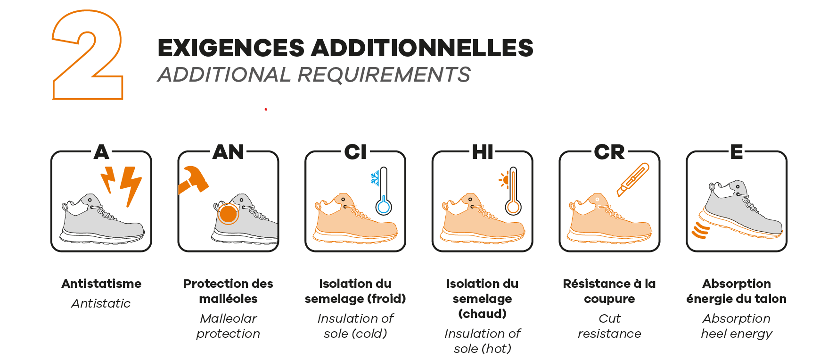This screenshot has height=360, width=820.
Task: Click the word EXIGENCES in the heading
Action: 231,48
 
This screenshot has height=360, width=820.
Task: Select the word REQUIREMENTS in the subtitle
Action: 384,75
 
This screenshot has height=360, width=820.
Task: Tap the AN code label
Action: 229,152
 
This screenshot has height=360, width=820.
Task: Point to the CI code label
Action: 355,152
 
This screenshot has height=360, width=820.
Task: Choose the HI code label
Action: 483,152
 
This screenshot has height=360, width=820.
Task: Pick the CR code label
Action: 609,152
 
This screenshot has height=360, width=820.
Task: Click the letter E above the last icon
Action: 737,152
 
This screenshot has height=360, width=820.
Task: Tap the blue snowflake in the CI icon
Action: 375,178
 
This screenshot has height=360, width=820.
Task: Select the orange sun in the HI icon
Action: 504,179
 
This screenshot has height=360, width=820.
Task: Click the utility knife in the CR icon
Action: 633,179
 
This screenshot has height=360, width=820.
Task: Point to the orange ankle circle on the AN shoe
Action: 228,214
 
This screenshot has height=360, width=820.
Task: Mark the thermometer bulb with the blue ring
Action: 384,207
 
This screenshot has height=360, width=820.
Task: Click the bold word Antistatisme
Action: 101,284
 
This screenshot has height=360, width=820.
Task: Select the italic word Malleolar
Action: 229,318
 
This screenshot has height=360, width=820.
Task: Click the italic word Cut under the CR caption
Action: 609,318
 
